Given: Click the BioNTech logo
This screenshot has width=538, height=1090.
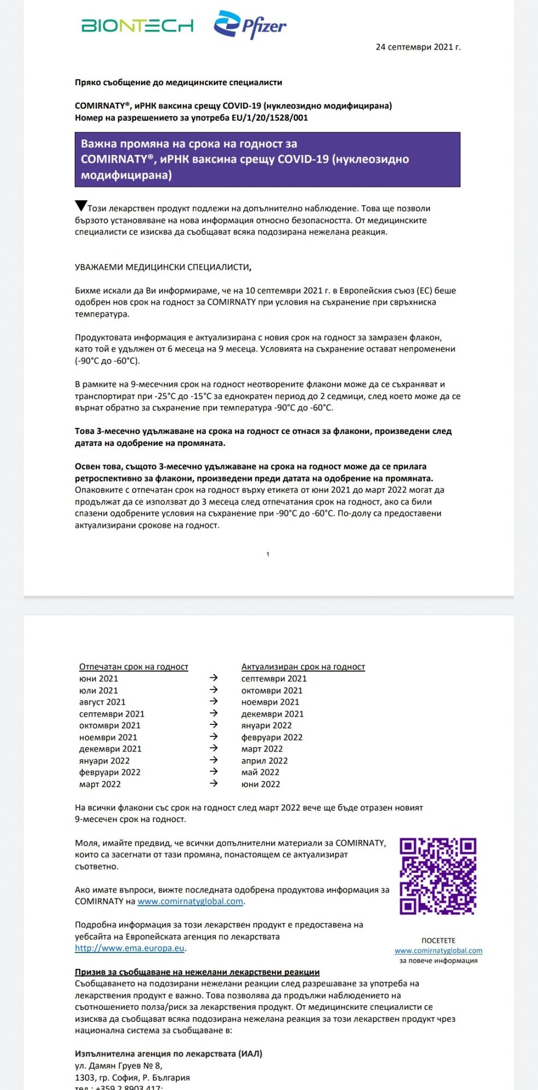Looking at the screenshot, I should (x=137, y=26).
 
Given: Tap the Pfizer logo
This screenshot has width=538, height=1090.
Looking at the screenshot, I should (x=250, y=25).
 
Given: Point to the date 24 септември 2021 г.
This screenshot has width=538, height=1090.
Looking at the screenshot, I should (x=418, y=47).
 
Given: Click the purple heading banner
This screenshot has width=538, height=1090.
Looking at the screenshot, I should (x=267, y=159).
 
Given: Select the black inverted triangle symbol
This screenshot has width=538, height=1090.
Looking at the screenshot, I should (x=81, y=206).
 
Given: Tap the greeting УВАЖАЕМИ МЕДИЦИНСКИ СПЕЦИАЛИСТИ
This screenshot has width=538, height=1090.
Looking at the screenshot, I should (x=163, y=267).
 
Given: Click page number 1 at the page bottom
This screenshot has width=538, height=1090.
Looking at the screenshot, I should (x=268, y=554).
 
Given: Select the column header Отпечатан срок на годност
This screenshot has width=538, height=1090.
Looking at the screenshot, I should (x=133, y=666).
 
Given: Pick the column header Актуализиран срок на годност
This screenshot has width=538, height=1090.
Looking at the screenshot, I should (x=303, y=666).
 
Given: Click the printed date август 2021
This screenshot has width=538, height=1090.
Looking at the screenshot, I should (x=102, y=702).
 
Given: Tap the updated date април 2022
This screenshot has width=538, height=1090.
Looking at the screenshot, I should (x=264, y=760).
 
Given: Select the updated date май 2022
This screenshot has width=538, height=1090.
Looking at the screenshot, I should (x=260, y=772).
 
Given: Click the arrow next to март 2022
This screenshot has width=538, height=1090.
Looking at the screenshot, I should (x=214, y=783).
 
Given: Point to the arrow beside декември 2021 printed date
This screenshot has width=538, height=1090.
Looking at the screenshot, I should (x=214, y=748).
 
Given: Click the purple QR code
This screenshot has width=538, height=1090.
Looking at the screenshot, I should (x=438, y=875).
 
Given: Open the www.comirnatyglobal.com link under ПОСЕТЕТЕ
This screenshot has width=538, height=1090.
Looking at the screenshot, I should (x=438, y=950).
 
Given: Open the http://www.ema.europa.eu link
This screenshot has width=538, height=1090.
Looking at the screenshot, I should (x=129, y=948).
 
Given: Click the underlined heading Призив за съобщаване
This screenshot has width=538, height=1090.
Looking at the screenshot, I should (x=197, y=972).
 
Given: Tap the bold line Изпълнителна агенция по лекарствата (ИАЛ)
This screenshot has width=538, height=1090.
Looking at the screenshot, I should (x=168, y=1053).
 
